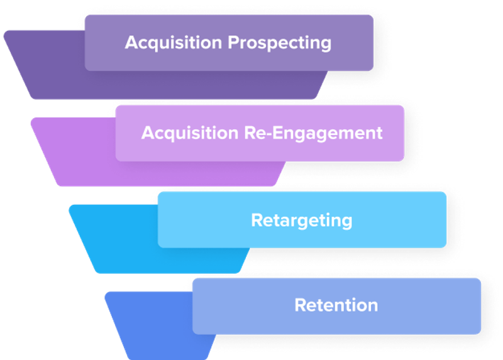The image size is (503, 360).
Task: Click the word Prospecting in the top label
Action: point(279,43)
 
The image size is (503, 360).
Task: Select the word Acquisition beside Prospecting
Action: point(174,43)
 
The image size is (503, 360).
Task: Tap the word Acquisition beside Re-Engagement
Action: point(190,133)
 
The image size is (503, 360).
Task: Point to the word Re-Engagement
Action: point(313,133)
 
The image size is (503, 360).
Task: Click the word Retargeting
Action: point(302,221)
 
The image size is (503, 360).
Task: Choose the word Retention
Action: point(336,305)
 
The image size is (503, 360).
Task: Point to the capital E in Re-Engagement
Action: point(277,133)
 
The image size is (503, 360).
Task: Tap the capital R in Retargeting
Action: point(257,220)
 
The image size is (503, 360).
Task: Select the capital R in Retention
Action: point(301,305)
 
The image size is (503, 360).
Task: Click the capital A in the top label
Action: point(132,42)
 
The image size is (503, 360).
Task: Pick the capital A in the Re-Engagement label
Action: point(148,133)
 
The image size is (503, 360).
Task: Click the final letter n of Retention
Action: point(372,307)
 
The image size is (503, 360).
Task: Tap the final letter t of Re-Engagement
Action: point(379,133)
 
